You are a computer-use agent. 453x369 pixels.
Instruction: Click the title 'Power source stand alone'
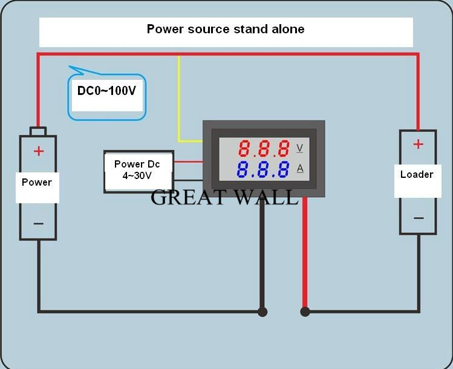(226, 29)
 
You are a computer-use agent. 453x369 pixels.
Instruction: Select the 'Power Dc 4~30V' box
(138, 171)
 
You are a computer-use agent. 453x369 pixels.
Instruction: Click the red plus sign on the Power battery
(39, 151)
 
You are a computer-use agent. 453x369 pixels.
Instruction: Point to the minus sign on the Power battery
(39, 223)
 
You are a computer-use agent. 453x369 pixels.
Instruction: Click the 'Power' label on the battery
(37, 182)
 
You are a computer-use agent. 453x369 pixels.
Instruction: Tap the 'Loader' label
(417, 174)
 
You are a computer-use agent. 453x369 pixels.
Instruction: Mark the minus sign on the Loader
(417, 218)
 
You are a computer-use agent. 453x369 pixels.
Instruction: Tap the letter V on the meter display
(300, 148)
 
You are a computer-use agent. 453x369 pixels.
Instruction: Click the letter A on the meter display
(300, 169)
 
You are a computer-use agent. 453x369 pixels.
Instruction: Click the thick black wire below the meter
(262, 254)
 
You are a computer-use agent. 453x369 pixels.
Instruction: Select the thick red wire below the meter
(305, 254)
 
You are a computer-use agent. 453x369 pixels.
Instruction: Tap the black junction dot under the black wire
(262, 312)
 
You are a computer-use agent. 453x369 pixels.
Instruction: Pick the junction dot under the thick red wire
(305, 312)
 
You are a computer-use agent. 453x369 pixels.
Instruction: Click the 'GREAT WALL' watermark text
(224, 197)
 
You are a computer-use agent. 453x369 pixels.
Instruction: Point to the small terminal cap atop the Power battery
(38, 131)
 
